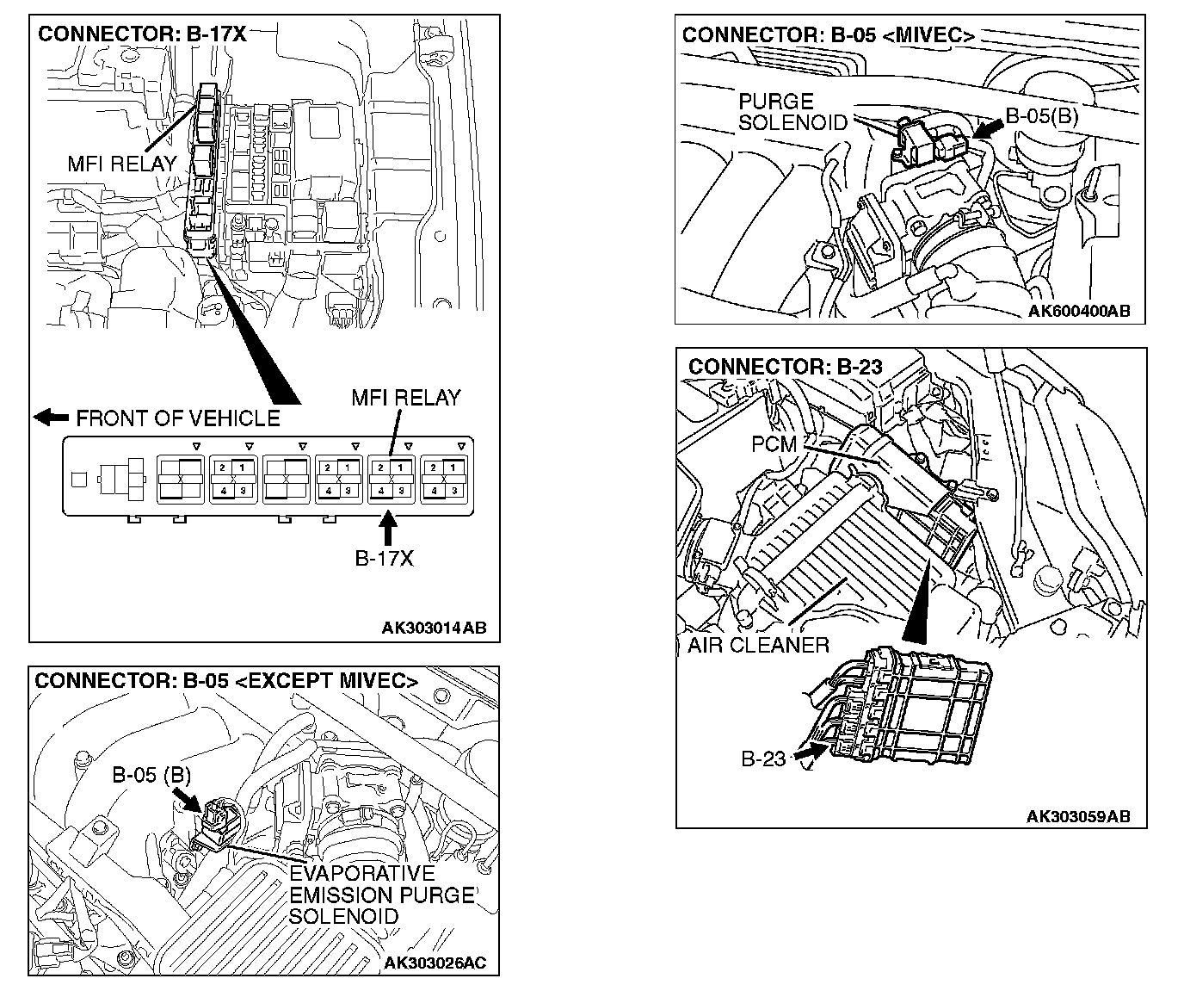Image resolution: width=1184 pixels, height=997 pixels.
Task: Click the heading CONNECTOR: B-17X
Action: tap(142, 34)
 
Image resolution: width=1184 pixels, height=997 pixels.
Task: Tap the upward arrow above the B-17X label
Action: tap(389, 525)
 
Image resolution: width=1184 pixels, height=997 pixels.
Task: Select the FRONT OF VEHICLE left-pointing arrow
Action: tap(51, 418)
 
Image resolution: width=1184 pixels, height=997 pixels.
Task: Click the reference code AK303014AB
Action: tap(435, 628)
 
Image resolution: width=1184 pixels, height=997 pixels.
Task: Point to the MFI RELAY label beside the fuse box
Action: tap(121, 164)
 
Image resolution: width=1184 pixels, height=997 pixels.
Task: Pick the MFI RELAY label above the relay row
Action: tap(406, 398)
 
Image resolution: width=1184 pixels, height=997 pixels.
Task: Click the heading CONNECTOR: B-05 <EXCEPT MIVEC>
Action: tap(226, 680)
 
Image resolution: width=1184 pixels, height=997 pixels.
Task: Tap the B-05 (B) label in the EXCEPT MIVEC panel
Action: tap(151, 775)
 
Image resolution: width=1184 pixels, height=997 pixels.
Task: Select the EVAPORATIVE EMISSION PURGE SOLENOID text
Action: tap(381, 895)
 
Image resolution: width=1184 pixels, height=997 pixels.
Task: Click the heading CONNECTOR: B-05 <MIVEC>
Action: tap(828, 35)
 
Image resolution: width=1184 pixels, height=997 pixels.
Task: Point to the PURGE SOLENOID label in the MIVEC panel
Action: tap(792, 112)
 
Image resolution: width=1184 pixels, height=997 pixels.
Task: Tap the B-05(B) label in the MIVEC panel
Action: tap(1041, 115)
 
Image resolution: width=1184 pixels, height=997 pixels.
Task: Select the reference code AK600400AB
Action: tap(1079, 311)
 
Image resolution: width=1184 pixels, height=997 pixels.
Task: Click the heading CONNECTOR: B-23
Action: tap(785, 366)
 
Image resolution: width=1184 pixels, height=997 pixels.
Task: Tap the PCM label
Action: tap(774, 444)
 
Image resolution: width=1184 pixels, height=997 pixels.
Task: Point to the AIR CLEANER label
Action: tap(758, 645)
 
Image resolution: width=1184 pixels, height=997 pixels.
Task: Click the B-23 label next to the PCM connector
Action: tap(763, 759)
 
